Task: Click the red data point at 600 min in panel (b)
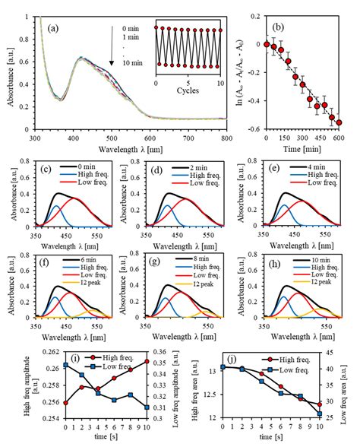pyautogui.click(x=339, y=122)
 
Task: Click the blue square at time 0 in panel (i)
pyautogui.click(x=66, y=365)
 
